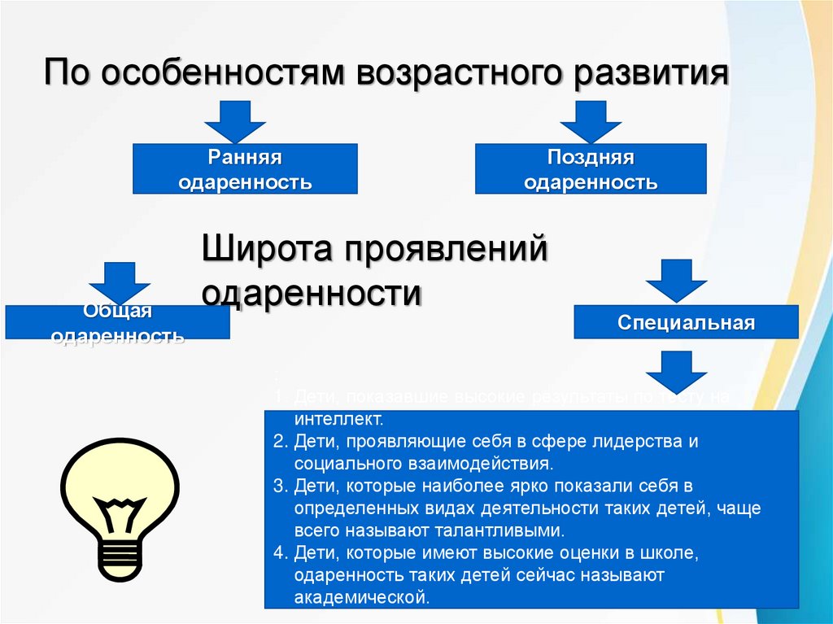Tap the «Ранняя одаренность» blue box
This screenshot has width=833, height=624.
(x=245, y=168)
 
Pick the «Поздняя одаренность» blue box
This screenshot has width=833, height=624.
(x=591, y=168)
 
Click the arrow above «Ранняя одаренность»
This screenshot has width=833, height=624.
(x=235, y=120)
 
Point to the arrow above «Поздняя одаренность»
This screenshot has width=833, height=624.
(x=591, y=120)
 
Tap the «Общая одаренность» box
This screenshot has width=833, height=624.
(x=117, y=322)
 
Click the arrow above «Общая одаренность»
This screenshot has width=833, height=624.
(x=120, y=281)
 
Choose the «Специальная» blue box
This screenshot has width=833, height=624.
(x=687, y=322)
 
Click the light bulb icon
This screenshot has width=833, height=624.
(x=120, y=505)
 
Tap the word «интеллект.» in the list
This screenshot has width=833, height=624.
(x=338, y=421)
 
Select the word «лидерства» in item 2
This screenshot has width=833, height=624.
(x=641, y=443)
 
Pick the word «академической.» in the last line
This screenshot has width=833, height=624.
(x=362, y=597)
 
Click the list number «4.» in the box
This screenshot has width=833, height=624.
(x=281, y=553)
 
